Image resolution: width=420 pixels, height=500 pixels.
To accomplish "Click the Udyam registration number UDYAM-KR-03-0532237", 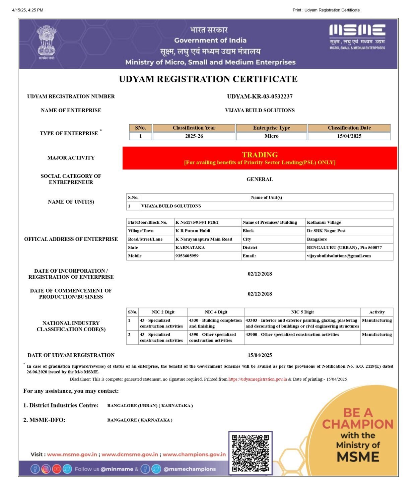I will coord(260,96).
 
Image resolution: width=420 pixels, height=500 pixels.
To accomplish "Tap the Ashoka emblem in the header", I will coord(46,42).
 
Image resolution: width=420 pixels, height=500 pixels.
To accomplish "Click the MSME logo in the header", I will coord(357,36).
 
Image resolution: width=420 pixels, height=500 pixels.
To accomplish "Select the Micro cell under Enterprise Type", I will coord(271,136).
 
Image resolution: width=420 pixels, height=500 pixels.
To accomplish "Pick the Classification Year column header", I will coord(194,128).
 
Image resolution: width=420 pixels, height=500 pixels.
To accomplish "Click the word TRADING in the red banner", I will coord(260,155).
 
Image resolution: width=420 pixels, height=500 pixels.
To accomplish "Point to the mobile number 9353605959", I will coord(187,256).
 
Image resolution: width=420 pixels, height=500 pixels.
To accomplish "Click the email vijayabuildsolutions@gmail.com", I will coord(339,256).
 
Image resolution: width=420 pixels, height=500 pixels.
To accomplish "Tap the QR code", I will coord(251,453).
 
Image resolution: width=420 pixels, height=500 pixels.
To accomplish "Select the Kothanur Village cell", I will coord(324,222).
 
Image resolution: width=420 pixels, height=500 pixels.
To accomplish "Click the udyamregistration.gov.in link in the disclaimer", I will coord(258,379).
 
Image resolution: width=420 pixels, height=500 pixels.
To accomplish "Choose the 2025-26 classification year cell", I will coord(194,136).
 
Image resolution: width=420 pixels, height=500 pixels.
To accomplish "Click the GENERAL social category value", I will coord(260,180).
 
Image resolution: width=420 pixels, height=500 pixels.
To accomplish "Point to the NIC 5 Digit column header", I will coord(302,312).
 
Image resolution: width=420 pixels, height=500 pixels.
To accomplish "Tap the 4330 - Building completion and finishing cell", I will coord(215,323).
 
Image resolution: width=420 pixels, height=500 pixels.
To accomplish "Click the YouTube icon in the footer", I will coord(57,469).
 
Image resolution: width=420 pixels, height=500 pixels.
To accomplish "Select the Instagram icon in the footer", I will coord(46,469).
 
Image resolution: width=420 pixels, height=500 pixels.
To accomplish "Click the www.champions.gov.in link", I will coord(194,454).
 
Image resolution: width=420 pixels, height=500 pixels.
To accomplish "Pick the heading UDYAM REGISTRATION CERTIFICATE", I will coord(208,79).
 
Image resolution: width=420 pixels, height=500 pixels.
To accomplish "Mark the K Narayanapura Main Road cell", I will coord(204,239).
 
